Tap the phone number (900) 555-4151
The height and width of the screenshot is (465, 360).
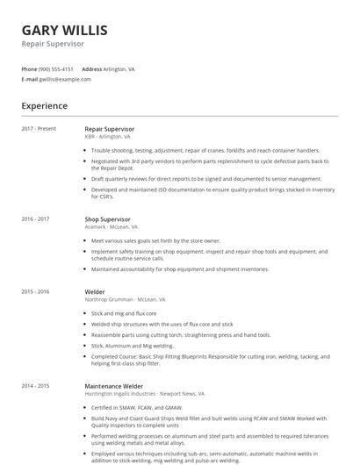click(56, 68)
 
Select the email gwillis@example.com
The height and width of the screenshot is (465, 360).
click(65, 79)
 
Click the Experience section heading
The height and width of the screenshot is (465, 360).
click(44, 106)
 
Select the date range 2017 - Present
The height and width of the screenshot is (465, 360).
click(39, 129)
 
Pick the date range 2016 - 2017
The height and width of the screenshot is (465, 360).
click(35, 218)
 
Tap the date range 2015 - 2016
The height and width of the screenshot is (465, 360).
click(35, 291)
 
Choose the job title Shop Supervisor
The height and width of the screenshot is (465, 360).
click(107, 218)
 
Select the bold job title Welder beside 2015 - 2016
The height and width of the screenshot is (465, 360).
click(95, 291)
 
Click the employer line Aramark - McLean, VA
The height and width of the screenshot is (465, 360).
click(111, 226)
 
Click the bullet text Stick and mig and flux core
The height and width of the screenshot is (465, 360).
click(124, 312)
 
